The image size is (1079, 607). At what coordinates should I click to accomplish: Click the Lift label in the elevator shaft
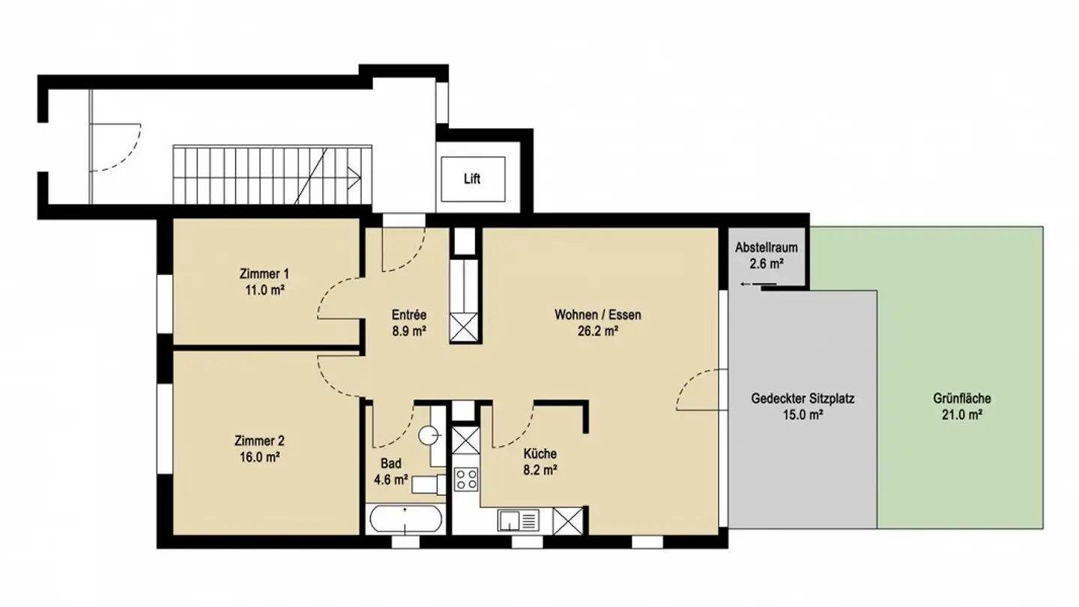click(x=472, y=180)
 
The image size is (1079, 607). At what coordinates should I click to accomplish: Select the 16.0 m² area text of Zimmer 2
click(x=259, y=456)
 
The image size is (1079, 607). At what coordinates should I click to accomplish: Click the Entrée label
click(x=409, y=315)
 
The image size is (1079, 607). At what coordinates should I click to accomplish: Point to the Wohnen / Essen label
click(x=597, y=315)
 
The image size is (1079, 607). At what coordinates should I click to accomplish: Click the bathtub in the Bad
click(x=405, y=519)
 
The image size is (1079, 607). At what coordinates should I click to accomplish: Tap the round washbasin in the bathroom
click(x=428, y=434)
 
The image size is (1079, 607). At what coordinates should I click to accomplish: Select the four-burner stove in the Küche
click(x=465, y=478)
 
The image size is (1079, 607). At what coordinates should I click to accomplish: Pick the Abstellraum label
click(x=766, y=247)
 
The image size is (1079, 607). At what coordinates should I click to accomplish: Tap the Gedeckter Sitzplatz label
click(x=803, y=399)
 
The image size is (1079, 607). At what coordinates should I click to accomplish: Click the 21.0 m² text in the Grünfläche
click(x=963, y=414)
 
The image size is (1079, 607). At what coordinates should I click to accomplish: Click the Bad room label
click(x=390, y=464)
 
